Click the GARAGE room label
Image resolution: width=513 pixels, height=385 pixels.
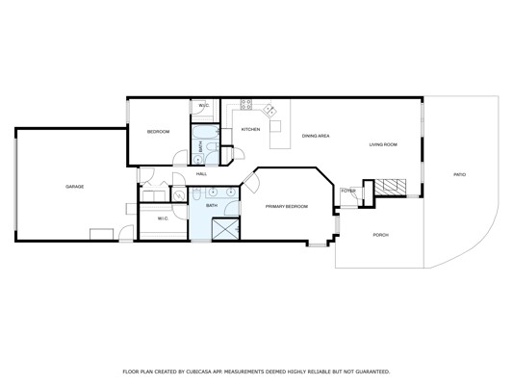pyautogui.click(x=75, y=187)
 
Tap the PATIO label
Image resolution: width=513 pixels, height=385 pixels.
pyautogui.click(x=459, y=174)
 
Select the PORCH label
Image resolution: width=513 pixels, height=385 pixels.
pyautogui.click(x=381, y=235)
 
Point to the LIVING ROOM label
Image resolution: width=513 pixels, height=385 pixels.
pyautogui.click(x=383, y=144)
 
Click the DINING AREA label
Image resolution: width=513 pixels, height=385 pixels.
pyautogui.click(x=316, y=136)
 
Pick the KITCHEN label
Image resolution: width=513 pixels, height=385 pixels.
pyautogui.click(x=250, y=129)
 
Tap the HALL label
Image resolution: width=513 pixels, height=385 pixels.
pyautogui.click(x=201, y=174)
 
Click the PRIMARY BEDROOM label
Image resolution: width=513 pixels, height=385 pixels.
pyautogui.click(x=287, y=206)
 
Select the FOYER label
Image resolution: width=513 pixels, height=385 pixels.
pyautogui.click(x=348, y=191)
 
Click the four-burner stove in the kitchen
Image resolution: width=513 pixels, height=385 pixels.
pyautogui.click(x=246, y=104)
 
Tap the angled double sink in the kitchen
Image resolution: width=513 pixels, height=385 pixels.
pyautogui.click(x=270, y=110)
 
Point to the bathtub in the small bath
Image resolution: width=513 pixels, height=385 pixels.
pyautogui.click(x=205, y=132)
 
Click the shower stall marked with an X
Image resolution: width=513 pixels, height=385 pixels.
pyautogui.click(x=225, y=229)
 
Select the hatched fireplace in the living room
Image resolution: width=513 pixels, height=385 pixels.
pyautogui.click(x=390, y=187)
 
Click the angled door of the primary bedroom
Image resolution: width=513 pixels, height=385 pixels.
pyautogui.click(x=251, y=182)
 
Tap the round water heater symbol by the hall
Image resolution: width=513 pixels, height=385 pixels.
pyautogui.click(x=179, y=195)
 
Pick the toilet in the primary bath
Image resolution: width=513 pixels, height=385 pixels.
pyautogui.click(x=196, y=194)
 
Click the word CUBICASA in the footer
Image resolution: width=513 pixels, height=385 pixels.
pyautogui.click(x=197, y=372)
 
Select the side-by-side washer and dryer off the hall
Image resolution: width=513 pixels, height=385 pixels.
pyautogui.click(x=154, y=196)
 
